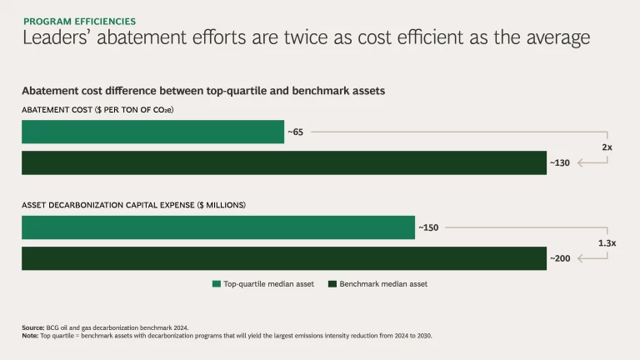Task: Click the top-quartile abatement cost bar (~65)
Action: click(152, 132)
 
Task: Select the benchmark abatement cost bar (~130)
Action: click(283, 162)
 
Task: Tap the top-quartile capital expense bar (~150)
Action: click(217, 227)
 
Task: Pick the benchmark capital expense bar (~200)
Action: click(283, 258)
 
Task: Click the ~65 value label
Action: click(295, 132)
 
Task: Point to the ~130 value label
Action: click(560, 162)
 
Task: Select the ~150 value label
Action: click(428, 227)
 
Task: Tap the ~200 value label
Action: click(560, 258)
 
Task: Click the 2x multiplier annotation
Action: click(607, 147)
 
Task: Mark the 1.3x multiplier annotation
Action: click(607, 243)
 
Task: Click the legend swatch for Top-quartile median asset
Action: click(217, 284)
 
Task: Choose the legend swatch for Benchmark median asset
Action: click(332, 284)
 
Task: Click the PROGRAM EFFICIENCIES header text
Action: click(79, 21)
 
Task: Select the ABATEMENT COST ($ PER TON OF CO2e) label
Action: click(97, 110)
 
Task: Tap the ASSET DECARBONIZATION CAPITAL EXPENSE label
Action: click(133, 205)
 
